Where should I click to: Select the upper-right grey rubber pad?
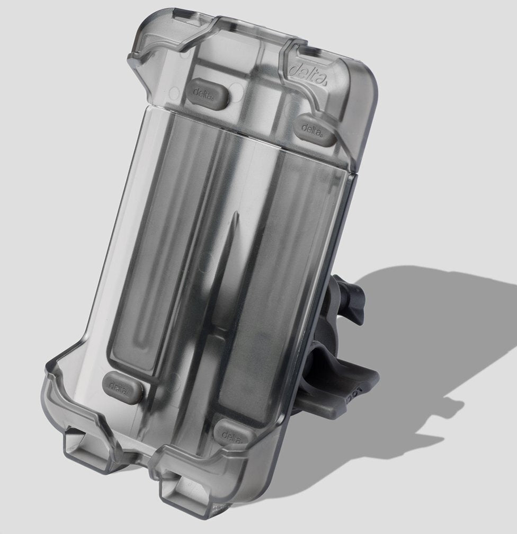(x=315, y=128)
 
